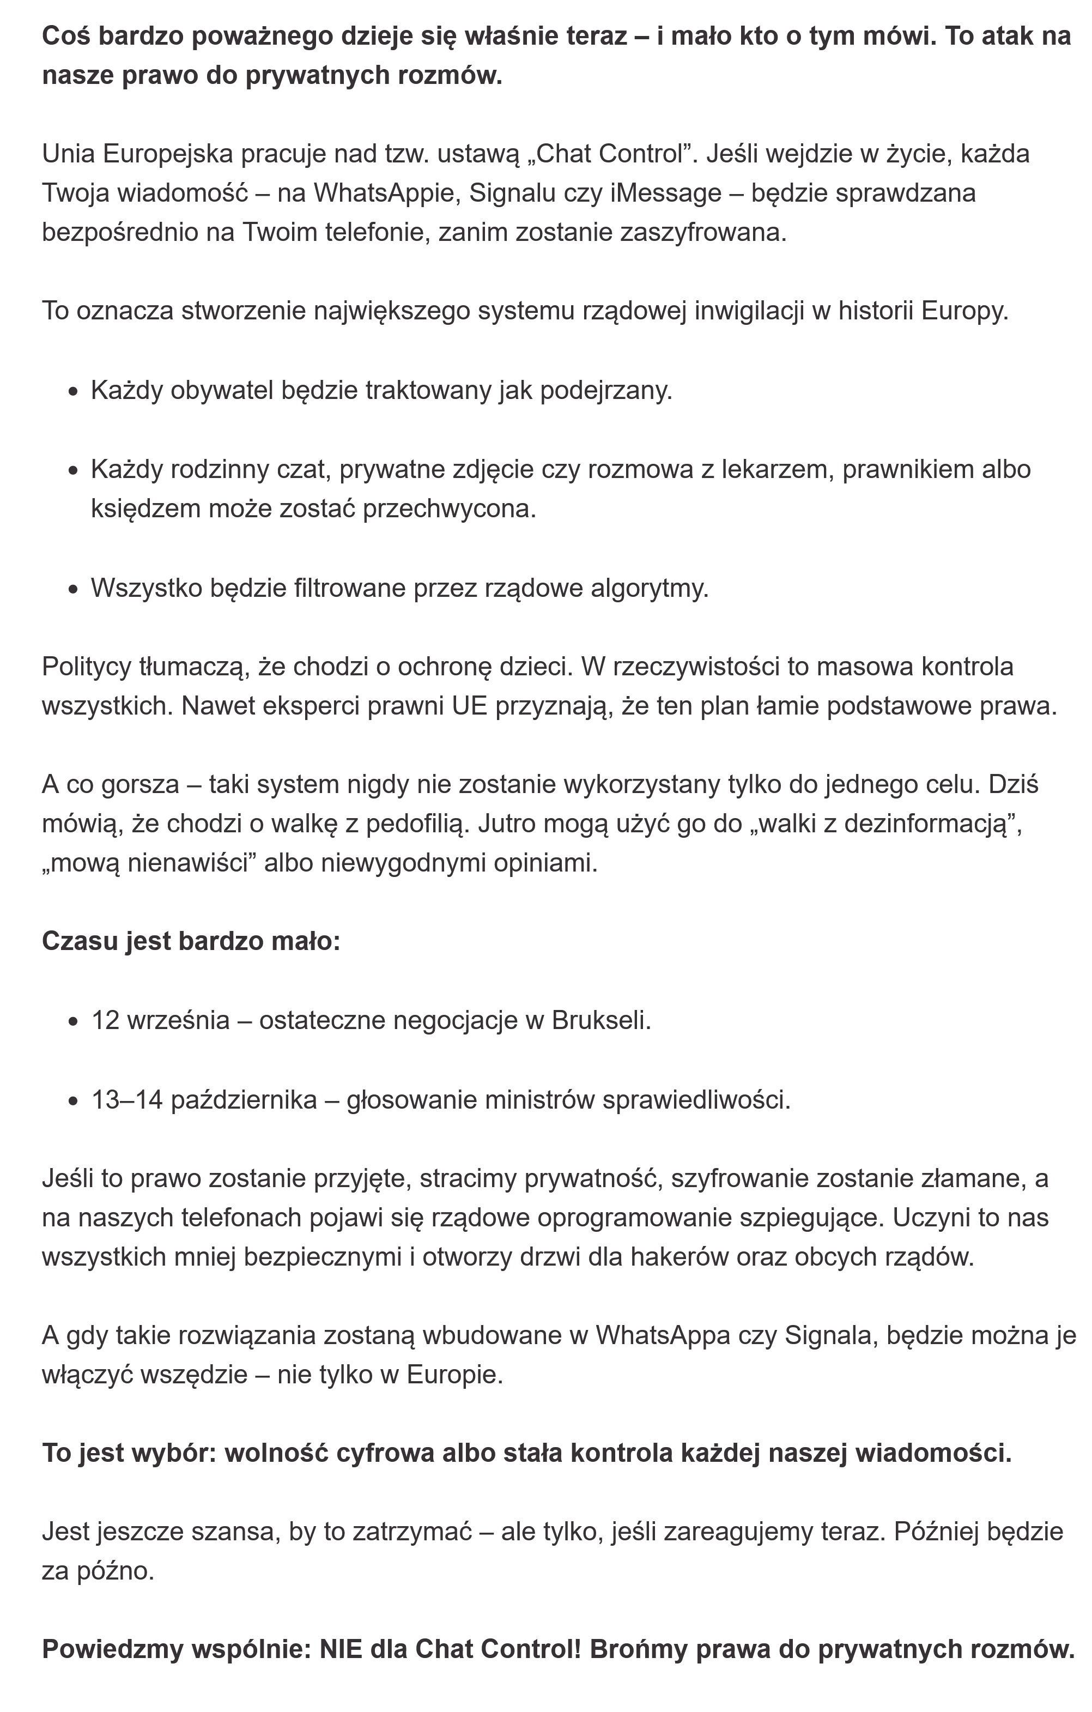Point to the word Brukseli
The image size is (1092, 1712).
600,1020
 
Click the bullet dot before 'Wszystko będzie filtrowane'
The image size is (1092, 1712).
73,589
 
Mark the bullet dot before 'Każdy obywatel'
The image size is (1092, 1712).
73,392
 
